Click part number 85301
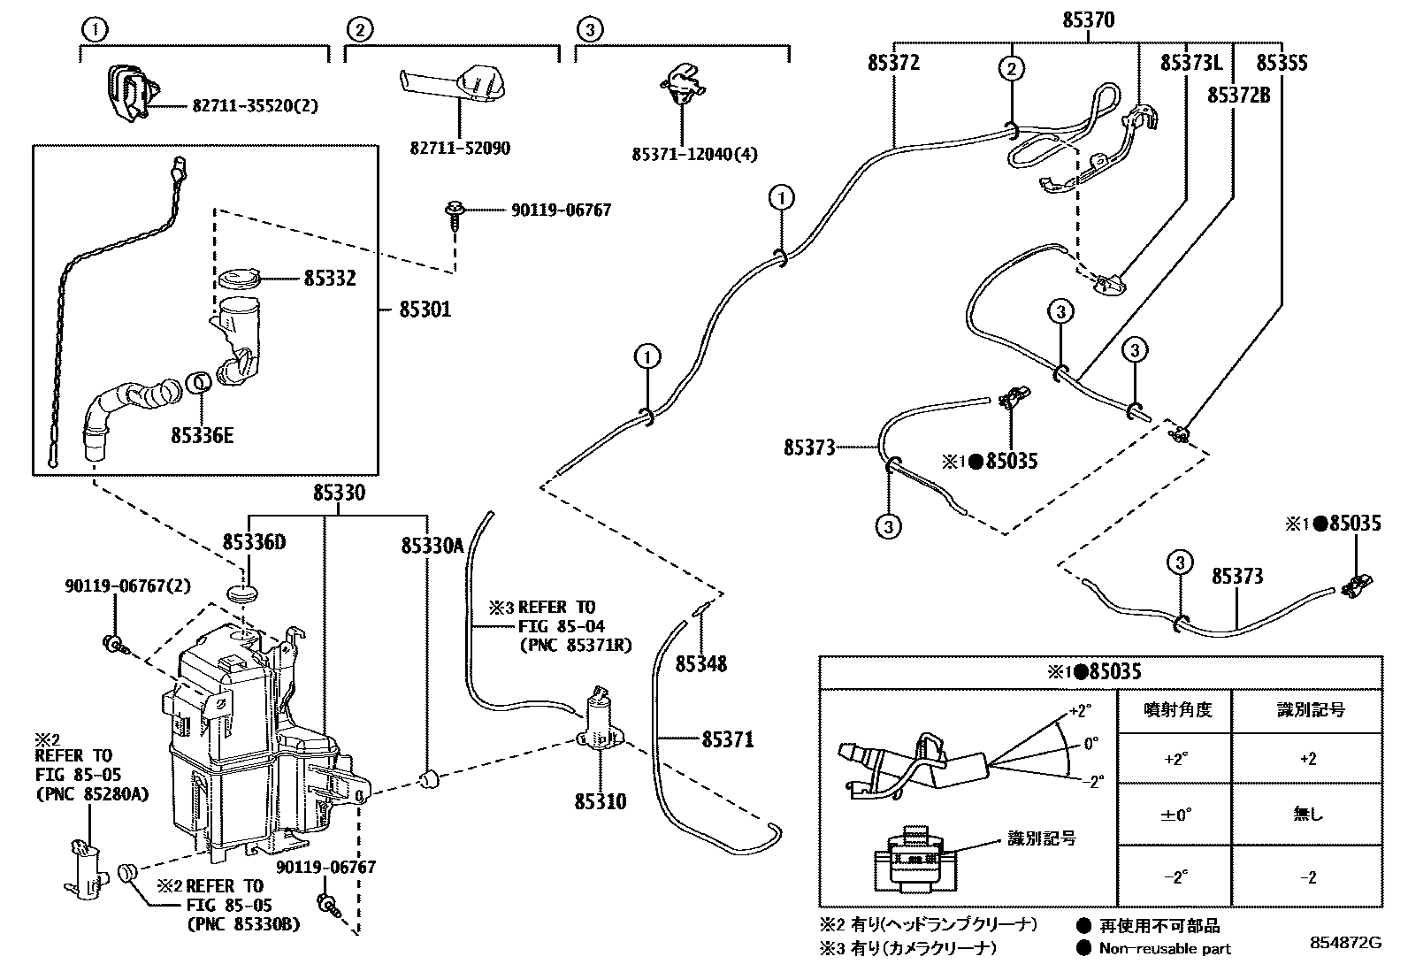pyautogui.click(x=425, y=310)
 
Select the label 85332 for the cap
pyautogui.click(x=329, y=279)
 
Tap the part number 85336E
pyautogui.click(x=203, y=435)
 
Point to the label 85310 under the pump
pyautogui.click(x=601, y=802)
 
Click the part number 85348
pyautogui.click(x=701, y=663)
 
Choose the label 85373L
pyautogui.click(x=1190, y=64)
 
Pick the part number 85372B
pyautogui.click(x=1238, y=95)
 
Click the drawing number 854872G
pyautogui.click(x=1345, y=944)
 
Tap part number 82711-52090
pyautogui.click(x=459, y=149)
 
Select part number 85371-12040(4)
pyautogui.click(x=694, y=154)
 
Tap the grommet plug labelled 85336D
pyautogui.click(x=243, y=591)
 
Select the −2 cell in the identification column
pyautogui.click(x=1307, y=877)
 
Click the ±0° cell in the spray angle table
pyautogui.click(x=1175, y=815)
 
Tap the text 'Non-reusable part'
pyautogui.click(x=1165, y=949)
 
